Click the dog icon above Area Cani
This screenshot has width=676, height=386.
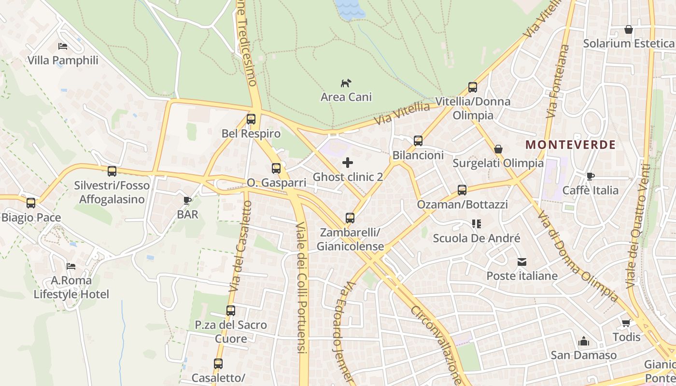coord(346,83)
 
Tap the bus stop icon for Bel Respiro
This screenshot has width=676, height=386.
coord(251,119)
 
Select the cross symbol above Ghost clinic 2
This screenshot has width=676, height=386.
coord(347,163)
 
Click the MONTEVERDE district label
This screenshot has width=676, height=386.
coord(570,144)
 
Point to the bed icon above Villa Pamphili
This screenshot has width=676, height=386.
coord(63,46)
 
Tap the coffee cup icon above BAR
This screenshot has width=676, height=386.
coord(187,200)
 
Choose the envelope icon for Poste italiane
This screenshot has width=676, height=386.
coord(521,262)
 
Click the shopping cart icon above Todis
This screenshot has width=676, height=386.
coord(626,323)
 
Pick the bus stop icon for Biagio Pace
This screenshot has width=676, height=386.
coord(31,203)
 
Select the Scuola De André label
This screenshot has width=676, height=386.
coord(476,238)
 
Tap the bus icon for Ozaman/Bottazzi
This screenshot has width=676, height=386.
coord(462,190)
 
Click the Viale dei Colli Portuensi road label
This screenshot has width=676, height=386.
coord(301,294)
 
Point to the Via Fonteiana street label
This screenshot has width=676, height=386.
coord(558,82)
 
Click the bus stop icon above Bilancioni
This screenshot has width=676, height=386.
coord(418,141)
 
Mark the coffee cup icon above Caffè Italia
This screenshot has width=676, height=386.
coord(590,176)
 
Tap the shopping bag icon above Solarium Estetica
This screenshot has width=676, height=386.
coord(628,29)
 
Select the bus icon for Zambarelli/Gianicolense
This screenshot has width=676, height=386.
coord(350,218)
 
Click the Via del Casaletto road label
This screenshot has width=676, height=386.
coord(241,246)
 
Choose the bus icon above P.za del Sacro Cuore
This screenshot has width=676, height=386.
coord(231,311)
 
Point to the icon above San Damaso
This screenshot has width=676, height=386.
coord(583,341)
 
